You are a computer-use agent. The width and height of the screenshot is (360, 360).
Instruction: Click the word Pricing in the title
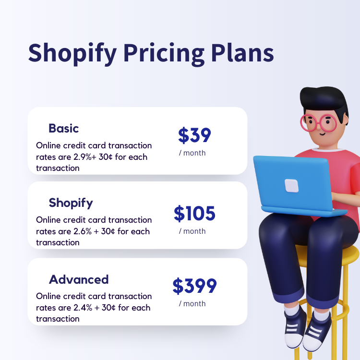tap(164, 54)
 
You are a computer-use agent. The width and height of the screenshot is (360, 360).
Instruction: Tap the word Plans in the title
tap(242, 53)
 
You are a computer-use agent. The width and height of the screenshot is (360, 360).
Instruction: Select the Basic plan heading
tap(63, 128)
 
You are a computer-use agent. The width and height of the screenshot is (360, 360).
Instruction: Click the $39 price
tap(194, 135)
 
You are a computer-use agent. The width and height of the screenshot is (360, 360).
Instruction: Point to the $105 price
tap(194, 213)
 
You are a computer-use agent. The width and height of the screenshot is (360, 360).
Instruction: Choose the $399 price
tap(194, 286)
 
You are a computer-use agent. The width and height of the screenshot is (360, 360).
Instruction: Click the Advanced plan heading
tap(79, 279)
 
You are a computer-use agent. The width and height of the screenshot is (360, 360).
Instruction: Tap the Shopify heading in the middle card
tap(71, 203)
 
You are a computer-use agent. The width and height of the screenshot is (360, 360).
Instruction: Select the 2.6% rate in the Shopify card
tap(83, 231)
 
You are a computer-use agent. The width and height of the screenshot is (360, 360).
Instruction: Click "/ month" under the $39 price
tap(192, 153)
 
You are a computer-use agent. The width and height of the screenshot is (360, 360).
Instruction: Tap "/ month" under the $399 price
tap(192, 303)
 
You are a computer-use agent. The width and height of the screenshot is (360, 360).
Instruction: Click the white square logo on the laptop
tap(291, 186)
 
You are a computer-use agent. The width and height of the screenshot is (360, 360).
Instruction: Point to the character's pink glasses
tap(318, 123)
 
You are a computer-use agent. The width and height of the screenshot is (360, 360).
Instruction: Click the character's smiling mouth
tap(323, 134)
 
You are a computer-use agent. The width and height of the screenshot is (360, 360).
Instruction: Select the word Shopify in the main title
tap(72, 54)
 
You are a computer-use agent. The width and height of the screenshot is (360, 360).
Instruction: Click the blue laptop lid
tap(293, 182)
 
